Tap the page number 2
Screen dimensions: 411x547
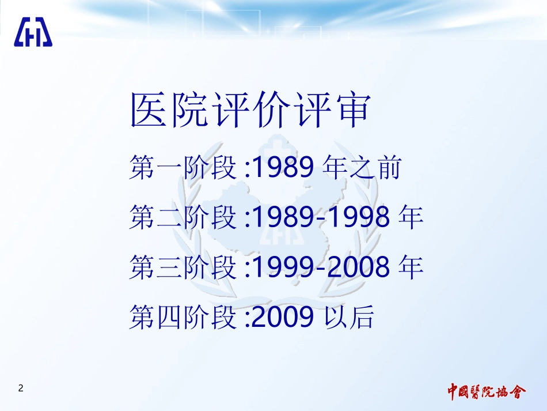point(21,388)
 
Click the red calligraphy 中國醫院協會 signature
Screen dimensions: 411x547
point(487,392)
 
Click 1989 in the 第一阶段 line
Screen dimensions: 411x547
point(283,169)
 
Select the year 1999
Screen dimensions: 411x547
point(283,267)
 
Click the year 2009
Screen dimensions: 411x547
point(283,316)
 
